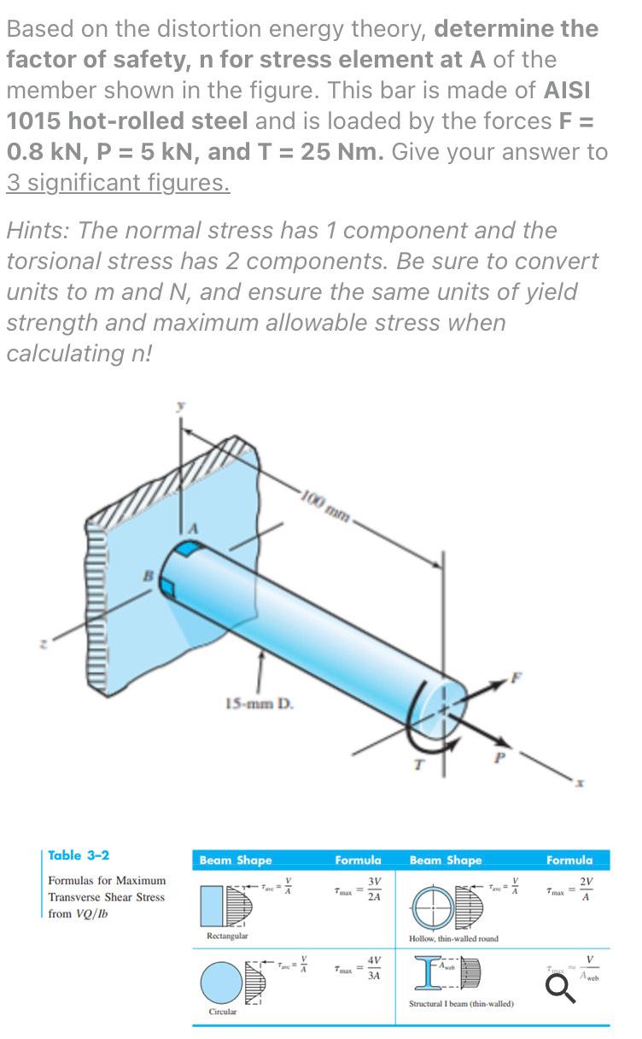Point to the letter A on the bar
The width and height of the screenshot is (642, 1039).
(x=193, y=528)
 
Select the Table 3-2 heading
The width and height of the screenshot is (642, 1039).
(x=79, y=855)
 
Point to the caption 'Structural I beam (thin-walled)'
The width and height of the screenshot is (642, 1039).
(x=461, y=1004)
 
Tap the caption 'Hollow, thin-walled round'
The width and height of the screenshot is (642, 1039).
(x=453, y=938)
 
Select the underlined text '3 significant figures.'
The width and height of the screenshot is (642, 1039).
(x=118, y=183)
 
